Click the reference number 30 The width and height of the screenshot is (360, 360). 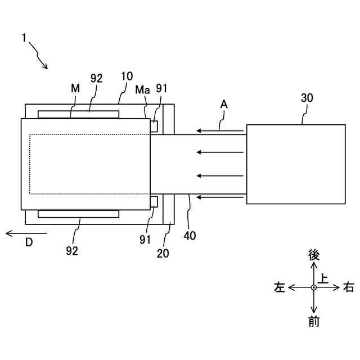coord(308,98)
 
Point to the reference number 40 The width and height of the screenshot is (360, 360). coord(190,236)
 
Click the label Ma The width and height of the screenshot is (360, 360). coord(142,89)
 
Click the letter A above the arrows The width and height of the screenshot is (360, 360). coord(223,104)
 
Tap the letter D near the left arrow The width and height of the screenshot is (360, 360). coord(29,242)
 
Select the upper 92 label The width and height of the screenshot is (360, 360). coord(96,79)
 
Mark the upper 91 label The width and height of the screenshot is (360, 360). coord(162,89)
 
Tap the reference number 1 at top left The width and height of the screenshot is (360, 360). coord(24,38)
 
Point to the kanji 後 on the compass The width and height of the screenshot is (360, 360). coord(314,255)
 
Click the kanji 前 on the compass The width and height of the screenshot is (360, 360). coord(314,322)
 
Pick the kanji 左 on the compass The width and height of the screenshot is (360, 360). coord(280,287)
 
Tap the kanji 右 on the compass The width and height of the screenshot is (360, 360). coord(349,287)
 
